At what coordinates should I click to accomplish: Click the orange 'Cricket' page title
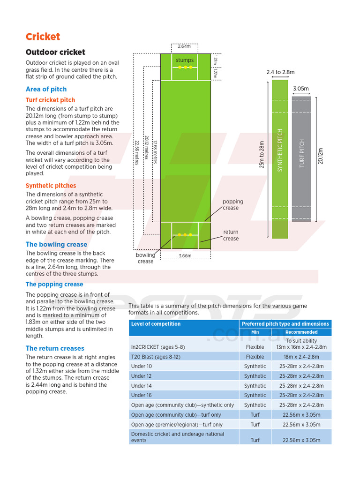point(43,37)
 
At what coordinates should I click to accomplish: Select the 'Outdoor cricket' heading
point(55,52)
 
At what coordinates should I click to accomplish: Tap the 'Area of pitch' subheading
point(46,89)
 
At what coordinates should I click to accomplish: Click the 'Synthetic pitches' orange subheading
point(51,186)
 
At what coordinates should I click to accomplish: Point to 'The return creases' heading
point(55,348)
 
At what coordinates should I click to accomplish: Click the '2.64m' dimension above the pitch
point(184,46)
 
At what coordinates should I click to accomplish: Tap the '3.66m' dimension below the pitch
point(185,256)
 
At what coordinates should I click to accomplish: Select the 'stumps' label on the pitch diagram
point(185,60)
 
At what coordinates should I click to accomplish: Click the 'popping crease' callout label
point(232,205)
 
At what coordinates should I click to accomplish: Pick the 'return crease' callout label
point(231,235)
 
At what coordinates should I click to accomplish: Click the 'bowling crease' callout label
point(145,258)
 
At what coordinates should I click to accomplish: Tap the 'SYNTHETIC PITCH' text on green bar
point(280,150)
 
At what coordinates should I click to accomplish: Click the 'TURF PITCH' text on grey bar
point(301,153)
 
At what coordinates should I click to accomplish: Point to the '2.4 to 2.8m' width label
point(280,72)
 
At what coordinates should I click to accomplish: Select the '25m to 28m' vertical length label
point(262,155)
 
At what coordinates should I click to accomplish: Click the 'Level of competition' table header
point(156,324)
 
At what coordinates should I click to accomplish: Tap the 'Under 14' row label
point(141,386)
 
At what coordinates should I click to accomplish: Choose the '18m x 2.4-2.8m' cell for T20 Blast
point(301,357)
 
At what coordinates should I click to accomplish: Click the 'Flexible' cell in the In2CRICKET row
point(255,347)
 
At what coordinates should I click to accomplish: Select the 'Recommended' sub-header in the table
point(301,332)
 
